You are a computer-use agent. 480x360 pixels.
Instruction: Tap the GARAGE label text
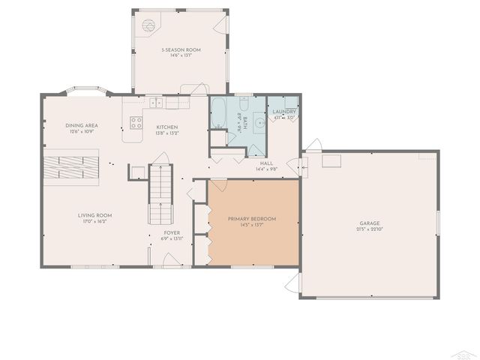pos(369,223)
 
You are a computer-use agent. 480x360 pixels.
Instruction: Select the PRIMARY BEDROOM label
pos(252,218)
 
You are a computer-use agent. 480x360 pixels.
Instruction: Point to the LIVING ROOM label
pos(94,215)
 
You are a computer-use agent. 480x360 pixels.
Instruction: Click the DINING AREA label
pos(82,125)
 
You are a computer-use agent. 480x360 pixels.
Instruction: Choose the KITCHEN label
pos(166,127)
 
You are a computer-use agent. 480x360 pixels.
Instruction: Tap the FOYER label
pos(172,232)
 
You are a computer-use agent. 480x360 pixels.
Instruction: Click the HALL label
pos(266,163)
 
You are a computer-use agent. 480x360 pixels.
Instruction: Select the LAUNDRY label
pos(283,112)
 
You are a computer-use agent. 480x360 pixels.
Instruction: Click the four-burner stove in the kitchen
pos(136,122)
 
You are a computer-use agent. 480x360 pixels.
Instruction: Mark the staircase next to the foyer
pos(160,194)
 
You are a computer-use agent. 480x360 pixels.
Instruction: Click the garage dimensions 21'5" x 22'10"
pos(369,229)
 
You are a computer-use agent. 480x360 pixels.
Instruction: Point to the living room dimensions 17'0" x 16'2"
pos(94,222)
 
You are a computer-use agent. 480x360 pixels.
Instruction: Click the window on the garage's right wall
pos(437,225)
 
